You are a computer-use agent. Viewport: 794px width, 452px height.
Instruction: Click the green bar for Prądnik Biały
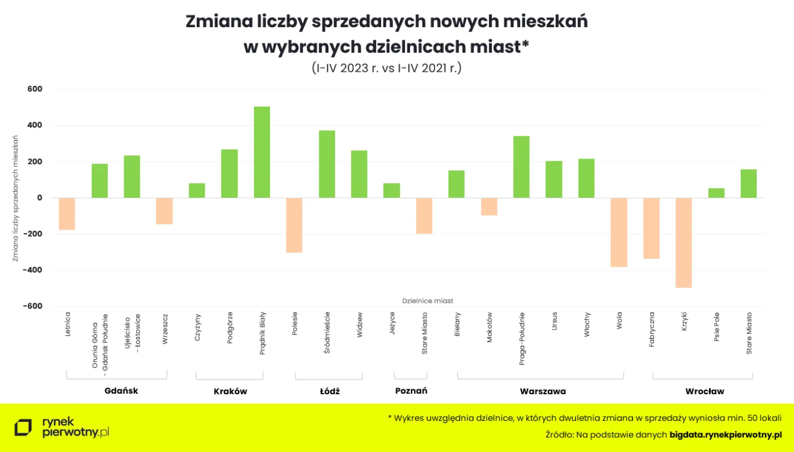pyautogui.click(x=261, y=152)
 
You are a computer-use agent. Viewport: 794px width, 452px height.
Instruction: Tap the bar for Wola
pyautogui.click(x=619, y=232)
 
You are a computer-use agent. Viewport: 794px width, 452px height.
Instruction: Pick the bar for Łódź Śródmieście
pyautogui.click(x=327, y=164)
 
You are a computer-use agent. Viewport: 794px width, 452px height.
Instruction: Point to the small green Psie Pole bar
pyautogui.click(x=716, y=193)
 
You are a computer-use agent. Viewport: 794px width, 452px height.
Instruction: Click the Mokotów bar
pyautogui.click(x=489, y=207)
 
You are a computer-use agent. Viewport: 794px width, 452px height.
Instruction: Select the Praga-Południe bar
pyautogui.click(x=521, y=167)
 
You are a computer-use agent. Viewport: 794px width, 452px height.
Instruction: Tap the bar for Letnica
pyautogui.click(x=67, y=214)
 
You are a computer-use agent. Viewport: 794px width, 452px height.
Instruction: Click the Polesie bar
pyautogui.click(x=294, y=225)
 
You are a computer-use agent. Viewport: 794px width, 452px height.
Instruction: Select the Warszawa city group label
pyautogui.click(x=542, y=391)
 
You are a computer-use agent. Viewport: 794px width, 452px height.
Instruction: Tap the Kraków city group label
pyautogui.click(x=230, y=391)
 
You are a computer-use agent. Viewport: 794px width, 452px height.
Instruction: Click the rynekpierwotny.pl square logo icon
pyautogui.click(x=24, y=428)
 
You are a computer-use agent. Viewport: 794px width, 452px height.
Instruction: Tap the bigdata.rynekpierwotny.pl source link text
pyautogui.click(x=725, y=434)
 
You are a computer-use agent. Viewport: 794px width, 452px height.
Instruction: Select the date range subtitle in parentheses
pyautogui.click(x=386, y=68)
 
